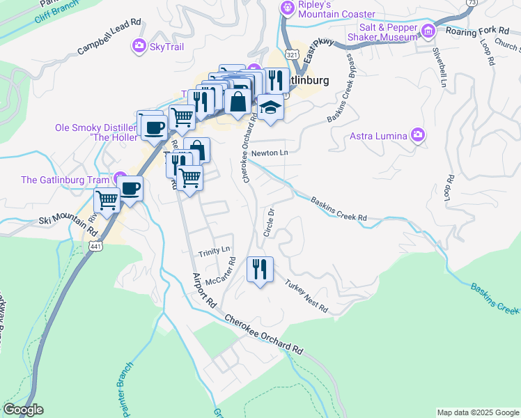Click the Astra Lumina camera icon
click(418, 134)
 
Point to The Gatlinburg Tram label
click(66, 180)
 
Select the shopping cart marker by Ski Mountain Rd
click(107, 201)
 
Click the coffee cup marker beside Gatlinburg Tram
click(130, 187)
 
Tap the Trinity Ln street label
click(214, 249)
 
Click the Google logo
click(23, 410)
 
